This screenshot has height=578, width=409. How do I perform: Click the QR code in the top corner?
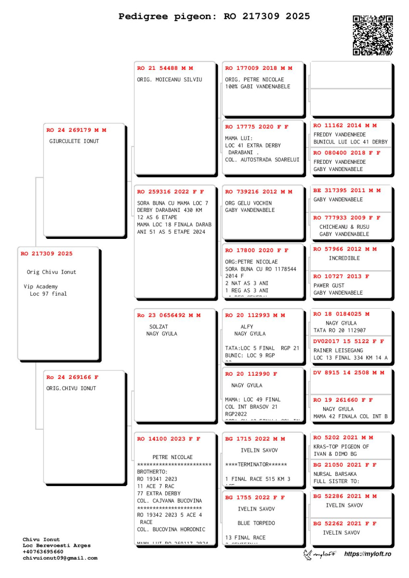coord(372,35)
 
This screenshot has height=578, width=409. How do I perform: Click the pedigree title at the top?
coord(214,16)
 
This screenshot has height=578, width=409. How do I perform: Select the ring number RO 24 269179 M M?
coord(76,130)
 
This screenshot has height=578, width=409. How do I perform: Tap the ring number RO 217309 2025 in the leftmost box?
coord(46,254)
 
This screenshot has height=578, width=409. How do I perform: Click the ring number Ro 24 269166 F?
coord(72,377)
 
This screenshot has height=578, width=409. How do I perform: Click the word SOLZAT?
coord(158,327)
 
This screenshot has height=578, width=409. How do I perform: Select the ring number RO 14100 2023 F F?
coord(169,439)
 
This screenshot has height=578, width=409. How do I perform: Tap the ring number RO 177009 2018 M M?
coord(258,68)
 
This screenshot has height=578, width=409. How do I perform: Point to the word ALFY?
coord(247,327)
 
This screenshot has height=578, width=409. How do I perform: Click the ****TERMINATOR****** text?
coord(256,465)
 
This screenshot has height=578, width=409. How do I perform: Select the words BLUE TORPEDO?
coord(256,523)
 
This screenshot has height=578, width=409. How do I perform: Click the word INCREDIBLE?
coord(344,258)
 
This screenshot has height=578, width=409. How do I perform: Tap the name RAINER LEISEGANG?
coord(338,351)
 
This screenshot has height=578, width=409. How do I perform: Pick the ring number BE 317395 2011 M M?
coord(346,190)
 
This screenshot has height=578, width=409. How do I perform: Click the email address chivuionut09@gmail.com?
coord(60,558)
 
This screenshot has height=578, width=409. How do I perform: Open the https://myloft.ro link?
coord(368,554)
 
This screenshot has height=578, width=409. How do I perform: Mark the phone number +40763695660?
coord(43,552)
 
